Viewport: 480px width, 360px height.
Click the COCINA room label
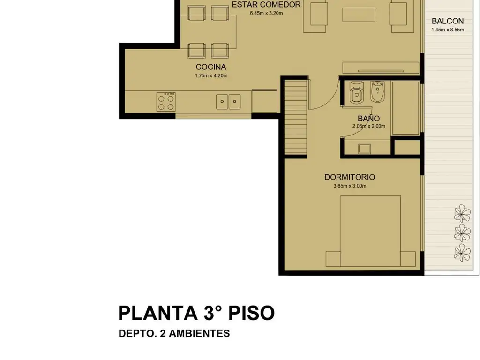coord(211,67)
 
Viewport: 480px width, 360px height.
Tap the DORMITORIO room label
coord(350,177)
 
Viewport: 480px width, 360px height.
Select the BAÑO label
coord(368,118)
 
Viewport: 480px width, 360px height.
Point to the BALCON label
coord(448,21)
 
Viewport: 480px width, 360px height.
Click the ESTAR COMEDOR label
coord(266,5)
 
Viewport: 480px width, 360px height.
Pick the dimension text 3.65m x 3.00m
coord(350,186)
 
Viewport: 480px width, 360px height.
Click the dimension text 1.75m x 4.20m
coord(211,75)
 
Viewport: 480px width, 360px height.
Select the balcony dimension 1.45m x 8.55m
coord(448,30)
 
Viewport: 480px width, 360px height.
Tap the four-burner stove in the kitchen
coord(166,102)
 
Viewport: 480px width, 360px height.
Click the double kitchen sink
coord(228,102)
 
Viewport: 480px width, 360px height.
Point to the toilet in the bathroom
coord(356,92)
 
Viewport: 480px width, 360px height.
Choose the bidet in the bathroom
coord(377,91)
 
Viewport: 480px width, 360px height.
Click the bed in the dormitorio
coord(370,231)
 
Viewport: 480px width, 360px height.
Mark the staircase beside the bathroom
coord(296,117)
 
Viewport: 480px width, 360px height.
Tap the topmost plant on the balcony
coord(462,213)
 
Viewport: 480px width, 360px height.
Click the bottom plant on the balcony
coord(462,253)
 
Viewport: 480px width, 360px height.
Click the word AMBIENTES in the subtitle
coord(199,333)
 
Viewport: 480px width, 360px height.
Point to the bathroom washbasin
coord(364,149)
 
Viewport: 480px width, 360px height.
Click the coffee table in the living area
coord(359,15)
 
